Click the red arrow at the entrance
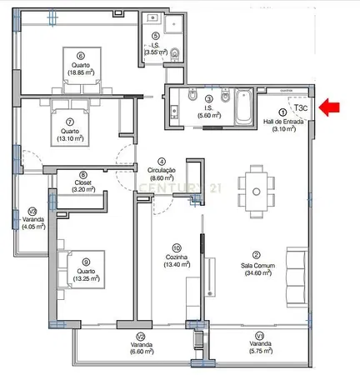click(x=329, y=107)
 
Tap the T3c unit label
click(x=301, y=107)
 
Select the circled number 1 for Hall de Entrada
click(x=282, y=112)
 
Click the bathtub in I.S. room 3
click(x=243, y=107)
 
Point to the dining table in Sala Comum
click(x=257, y=192)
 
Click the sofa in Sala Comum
click(x=297, y=277)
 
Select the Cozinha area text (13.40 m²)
click(x=177, y=264)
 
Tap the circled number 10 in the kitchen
click(x=177, y=247)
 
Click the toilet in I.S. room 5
click(x=175, y=54)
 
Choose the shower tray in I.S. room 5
click(x=173, y=24)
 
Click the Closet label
click(x=83, y=182)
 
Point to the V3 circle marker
click(x=33, y=212)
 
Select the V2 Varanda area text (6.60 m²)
click(x=142, y=352)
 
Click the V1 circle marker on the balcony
click(x=260, y=336)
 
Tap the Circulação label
click(x=162, y=170)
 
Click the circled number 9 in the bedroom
click(x=86, y=262)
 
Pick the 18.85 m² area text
click(x=81, y=72)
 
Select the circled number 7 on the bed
click(x=70, y=122)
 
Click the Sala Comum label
click(x=257, y=266)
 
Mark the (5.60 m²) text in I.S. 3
click(x=209, y=115)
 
